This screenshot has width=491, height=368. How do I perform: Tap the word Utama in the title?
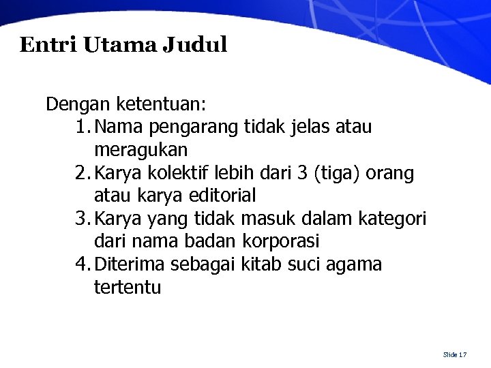pyautogui.click(x=120, y=45)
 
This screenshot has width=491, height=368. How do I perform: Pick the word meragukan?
pyautogui.click(x=142, y=149)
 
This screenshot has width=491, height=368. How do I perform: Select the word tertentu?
pyautogui.click(x=128, y=288)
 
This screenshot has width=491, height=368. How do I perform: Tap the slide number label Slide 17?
pyautogui.click(x=454, y=354)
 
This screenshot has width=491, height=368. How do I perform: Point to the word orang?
pyautogui.click(x=389, y=174)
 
